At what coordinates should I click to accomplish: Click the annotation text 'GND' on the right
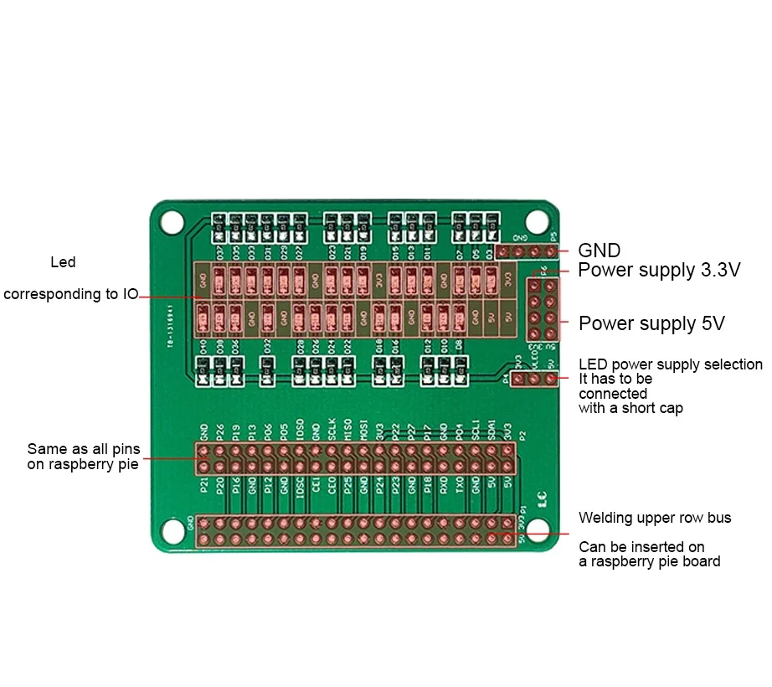click(600, 251)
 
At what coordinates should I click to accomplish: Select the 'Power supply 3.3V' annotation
click(659, 270)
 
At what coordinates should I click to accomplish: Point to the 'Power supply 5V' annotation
click(651, 323)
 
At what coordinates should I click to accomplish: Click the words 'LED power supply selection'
click(671, 364)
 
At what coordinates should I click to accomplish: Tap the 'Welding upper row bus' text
click(655, 518)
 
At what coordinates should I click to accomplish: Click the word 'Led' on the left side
click(63, 262)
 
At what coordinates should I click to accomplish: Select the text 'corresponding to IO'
click(70, 295)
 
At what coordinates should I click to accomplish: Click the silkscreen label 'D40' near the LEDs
click(203, 346)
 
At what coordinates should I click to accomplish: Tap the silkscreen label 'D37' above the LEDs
click(219, 251)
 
